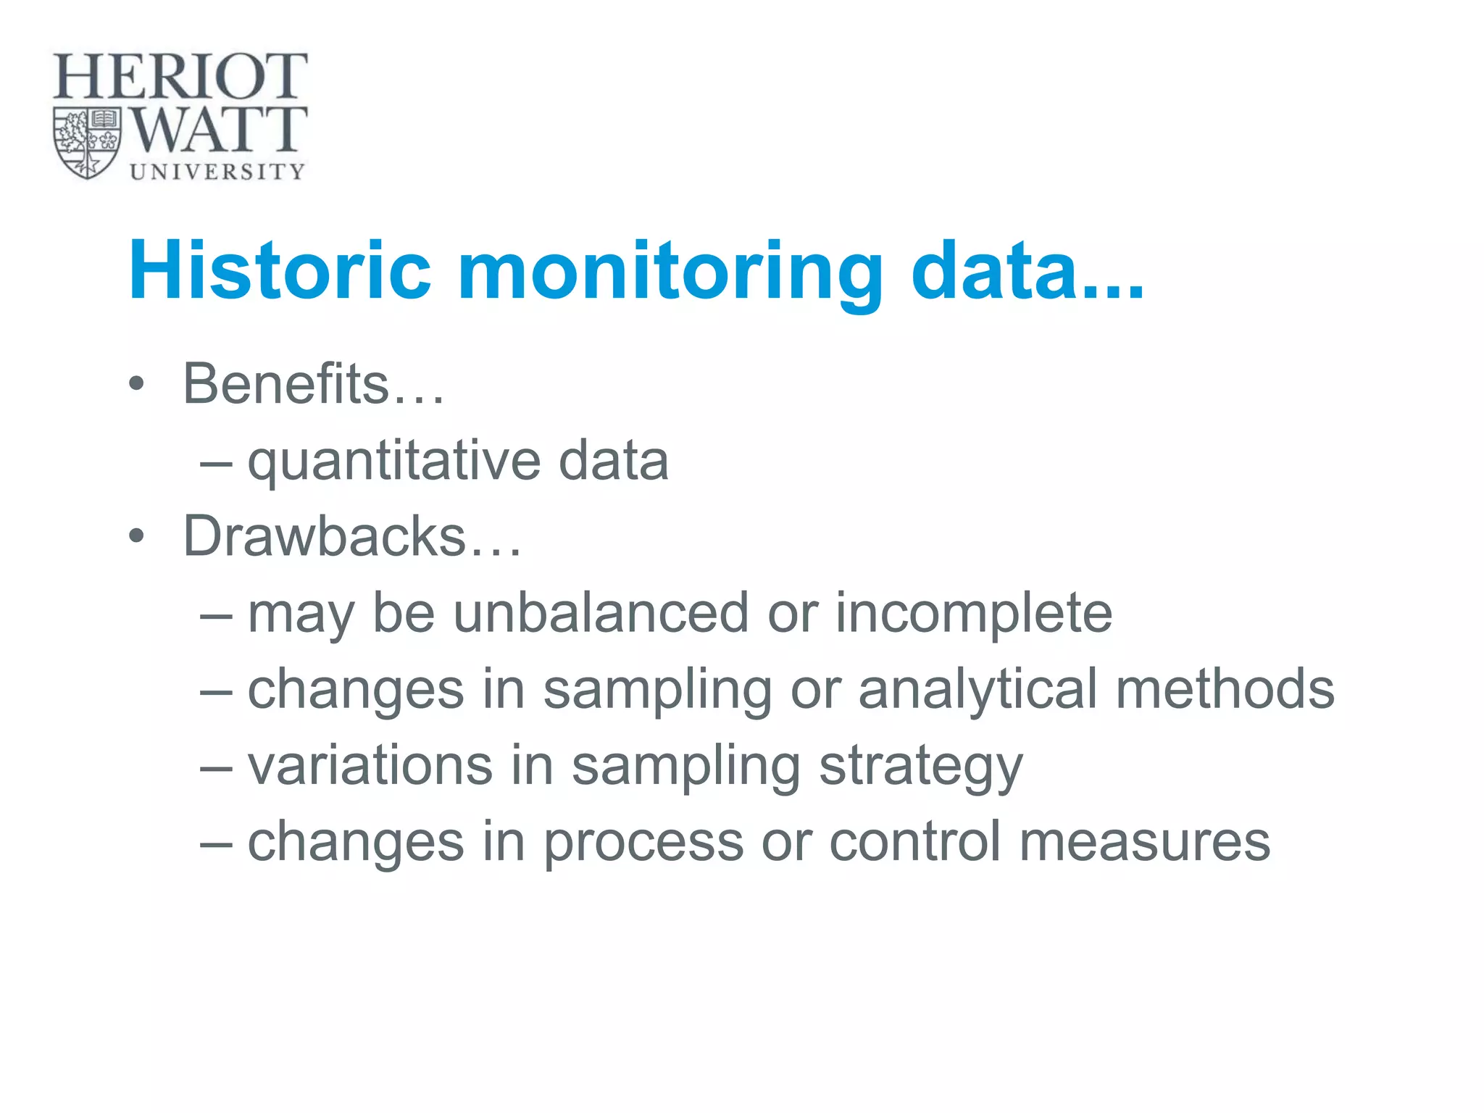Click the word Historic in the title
point(280,270)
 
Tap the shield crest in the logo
point(87,143)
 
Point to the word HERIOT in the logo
point(180,76)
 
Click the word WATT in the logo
point(218,130)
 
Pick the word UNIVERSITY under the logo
point(217,172)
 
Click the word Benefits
point(286,383)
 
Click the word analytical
point(977,690)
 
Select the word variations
point(370,766)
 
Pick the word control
point(915,842)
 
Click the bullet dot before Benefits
point(136,384)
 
